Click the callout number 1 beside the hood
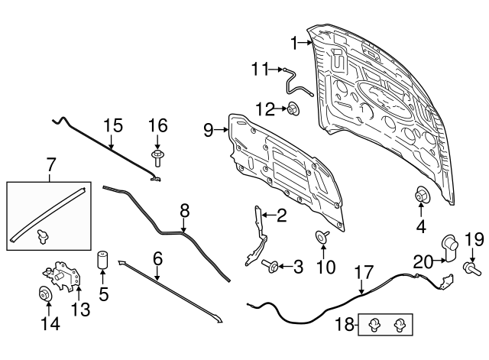294,45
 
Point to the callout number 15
112,124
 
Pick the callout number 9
209,131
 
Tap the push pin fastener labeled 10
321,237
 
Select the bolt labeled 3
270,266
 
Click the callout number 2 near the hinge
281,216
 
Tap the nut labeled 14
45,293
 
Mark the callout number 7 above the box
51,164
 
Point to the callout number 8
184,209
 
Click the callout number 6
158,260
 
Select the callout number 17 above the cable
364,272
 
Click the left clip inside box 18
373,326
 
